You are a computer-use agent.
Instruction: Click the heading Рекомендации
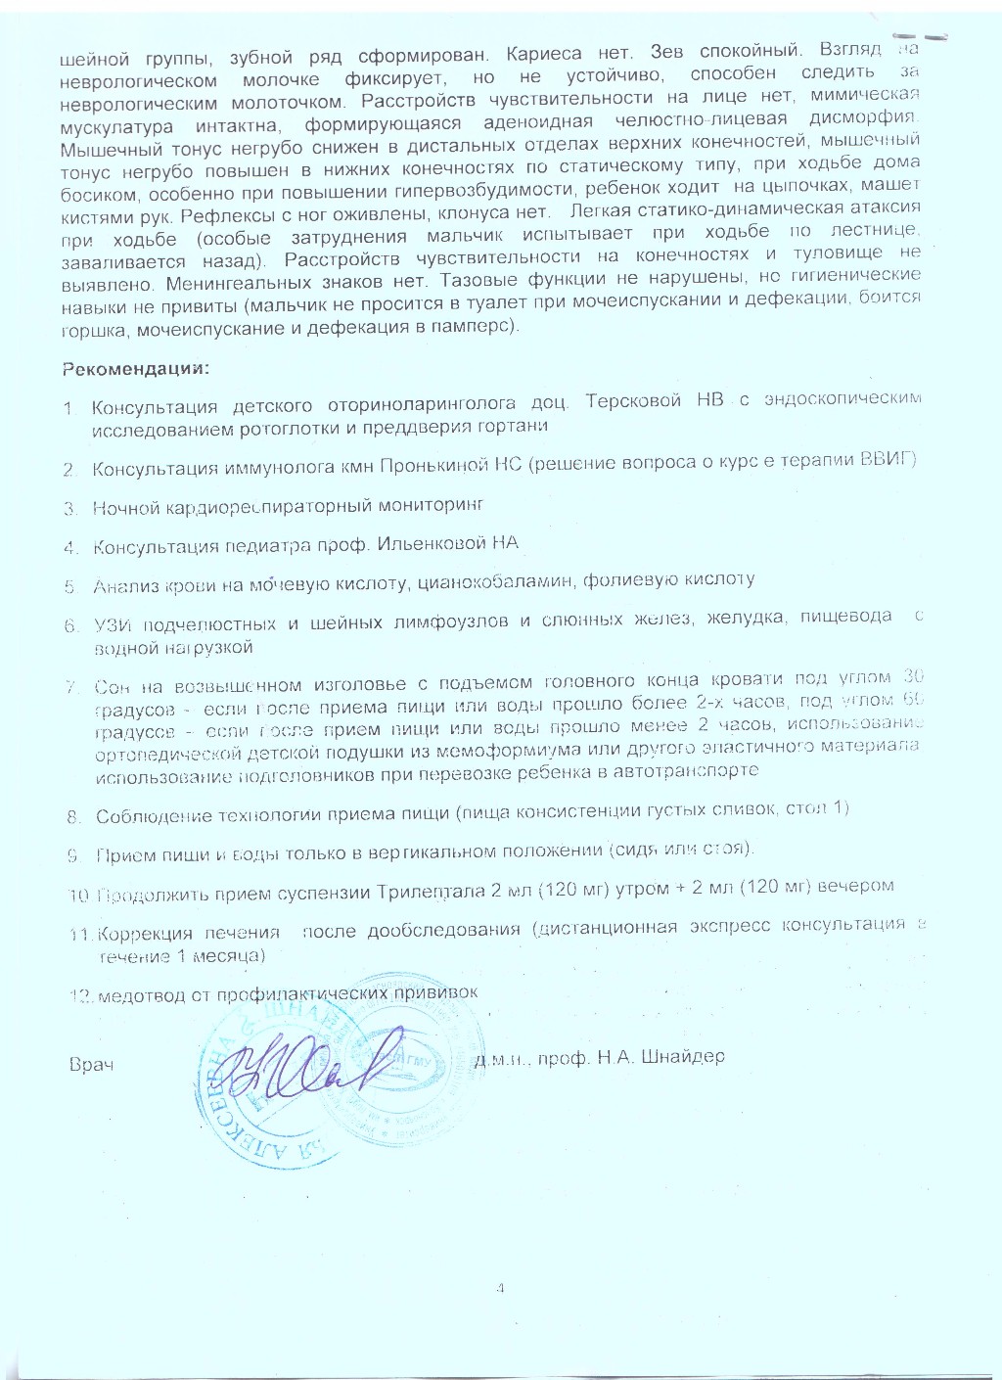pyautogui.click(x=135, y=369)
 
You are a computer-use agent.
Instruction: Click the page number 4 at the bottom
pyautogui.click(x=499, y=1288)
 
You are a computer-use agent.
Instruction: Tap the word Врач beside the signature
pyautogui.click(x=92, y=1064)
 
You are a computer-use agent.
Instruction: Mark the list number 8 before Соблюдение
pyautogui.click(x=73, y=816)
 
